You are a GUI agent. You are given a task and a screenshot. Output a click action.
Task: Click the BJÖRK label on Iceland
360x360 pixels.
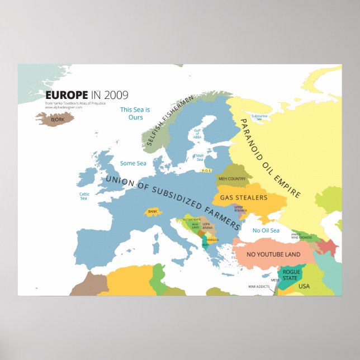[x=57, y=120]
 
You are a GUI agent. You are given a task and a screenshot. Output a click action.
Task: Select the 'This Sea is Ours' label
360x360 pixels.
[x=135, y=113]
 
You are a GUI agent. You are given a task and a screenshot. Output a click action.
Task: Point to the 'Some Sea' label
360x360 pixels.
[x=133, y=163]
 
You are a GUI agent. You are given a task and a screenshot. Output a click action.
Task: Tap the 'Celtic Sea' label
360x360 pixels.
[x=84, y=196]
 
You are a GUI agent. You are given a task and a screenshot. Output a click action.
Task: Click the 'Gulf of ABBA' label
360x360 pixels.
[x=197, y=135]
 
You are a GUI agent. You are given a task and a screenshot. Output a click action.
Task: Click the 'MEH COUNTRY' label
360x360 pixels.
[x=232, y=179]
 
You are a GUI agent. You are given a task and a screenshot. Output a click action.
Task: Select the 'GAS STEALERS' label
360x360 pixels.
[x=243, y=197]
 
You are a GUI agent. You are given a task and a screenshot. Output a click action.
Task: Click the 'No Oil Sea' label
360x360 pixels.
[x=266, y=230]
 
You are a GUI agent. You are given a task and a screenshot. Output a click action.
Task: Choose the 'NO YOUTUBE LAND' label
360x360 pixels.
[x=273, y=254]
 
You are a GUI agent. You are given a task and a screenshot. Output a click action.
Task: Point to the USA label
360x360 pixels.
[x=304, y=286]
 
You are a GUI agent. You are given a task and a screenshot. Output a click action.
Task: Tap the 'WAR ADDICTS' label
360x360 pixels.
[x=259, y=287]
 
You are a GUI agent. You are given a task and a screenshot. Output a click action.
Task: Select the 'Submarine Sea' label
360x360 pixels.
[x=259, y=117]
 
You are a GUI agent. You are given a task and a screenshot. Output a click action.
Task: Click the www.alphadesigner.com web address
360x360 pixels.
[x=64, y=107]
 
